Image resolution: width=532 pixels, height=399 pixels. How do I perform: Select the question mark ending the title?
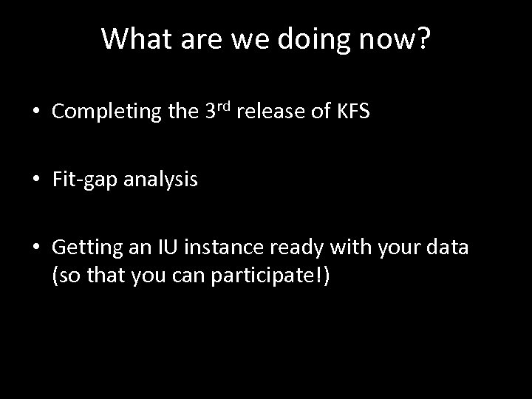(x=423, y=39)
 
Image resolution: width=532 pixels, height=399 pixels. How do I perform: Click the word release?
(x=273, y=112)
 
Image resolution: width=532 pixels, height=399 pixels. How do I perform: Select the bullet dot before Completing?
(x=36, y=113)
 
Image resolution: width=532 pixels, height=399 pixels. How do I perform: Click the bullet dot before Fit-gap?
(x=36, y=180)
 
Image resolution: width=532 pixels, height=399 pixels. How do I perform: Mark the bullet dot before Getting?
(x=36, y=248)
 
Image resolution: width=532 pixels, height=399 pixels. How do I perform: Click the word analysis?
(x=160, y=180)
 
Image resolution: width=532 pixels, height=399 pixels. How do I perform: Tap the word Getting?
(x=82, y=247)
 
